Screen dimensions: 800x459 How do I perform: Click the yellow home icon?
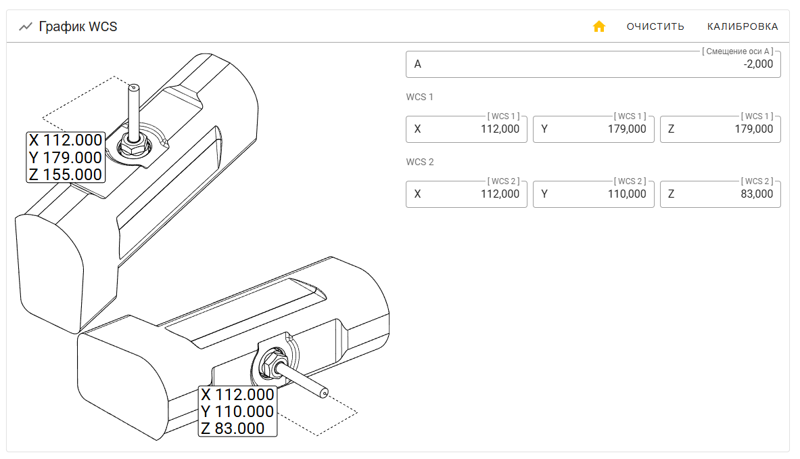[599, 26]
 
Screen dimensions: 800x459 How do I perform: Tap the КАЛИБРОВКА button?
[743, 26]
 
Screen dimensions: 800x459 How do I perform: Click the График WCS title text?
[78, 26]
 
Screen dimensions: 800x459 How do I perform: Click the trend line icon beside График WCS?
[26, 26]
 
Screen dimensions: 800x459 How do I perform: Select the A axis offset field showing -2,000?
[593, 64]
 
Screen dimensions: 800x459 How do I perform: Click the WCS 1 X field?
[467, 129]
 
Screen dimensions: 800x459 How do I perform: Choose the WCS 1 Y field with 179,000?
[593, 129]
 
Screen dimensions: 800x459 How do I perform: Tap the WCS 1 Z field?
[720, 129]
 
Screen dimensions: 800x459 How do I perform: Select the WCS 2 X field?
[467, 194]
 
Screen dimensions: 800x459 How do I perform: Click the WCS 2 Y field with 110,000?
[593, 194]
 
